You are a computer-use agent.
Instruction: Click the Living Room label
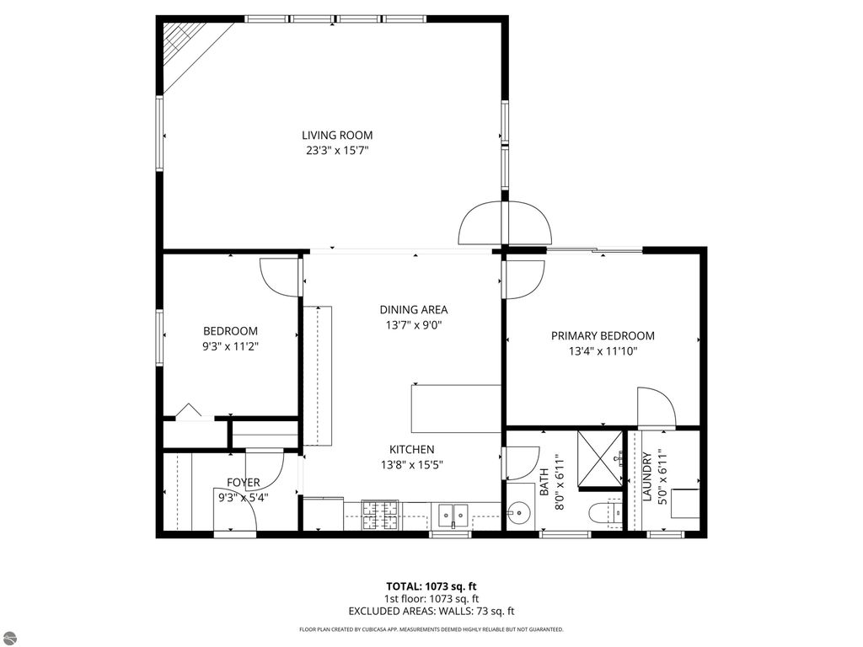click(337, 135)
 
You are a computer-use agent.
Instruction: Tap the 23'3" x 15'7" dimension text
click(337, 151)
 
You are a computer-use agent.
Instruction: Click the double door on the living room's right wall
click(505, 223)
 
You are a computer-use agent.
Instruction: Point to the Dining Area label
click(413, 309)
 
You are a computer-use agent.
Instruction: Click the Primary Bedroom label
click(603, 335)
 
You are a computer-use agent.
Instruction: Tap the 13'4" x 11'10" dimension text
click(603, 351)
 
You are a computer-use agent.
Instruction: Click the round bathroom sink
click(518, 513)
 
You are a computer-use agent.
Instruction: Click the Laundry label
click(646, 478)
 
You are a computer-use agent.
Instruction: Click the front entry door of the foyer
click(236, 524)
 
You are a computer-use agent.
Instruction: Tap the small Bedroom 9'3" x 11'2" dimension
click(230, 345)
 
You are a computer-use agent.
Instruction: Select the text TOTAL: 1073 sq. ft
click(431, 586)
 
